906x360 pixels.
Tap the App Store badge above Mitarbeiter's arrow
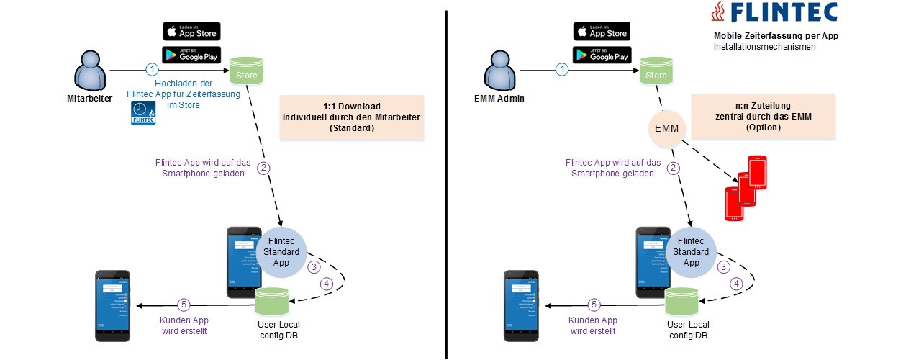pos(191,32)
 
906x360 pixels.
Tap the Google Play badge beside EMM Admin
pos(602,54)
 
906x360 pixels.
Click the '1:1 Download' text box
pos(352,117)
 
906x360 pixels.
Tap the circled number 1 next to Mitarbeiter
pos(151,70)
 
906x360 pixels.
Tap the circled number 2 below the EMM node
pos(674,169)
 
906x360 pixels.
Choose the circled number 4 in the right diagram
pos(735,284)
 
